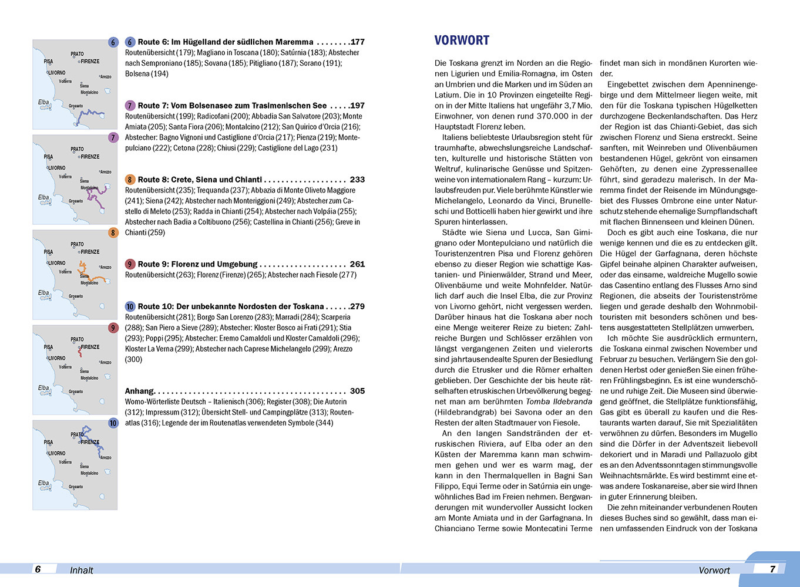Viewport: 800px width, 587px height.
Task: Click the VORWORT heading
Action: pyautogui.click(x=462, y=41)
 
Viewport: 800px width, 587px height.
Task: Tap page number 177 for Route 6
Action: pyautogui.click(x=357, y=42)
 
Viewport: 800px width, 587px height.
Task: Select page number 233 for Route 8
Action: pyautogui.click(x=357, y=180)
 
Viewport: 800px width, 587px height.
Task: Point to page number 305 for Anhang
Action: pyautogui.click(x=357, y=391)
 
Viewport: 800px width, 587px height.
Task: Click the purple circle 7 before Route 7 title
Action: pyautogui.click(x=130, y=106)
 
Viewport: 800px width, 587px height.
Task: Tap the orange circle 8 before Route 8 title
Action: pyautogui.click(x=130, y=180)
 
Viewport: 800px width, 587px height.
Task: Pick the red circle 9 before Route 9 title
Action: pyautogui.click(x=130, y=264)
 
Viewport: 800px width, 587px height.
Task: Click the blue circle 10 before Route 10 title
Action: pyautogui.click(x=130, y=306)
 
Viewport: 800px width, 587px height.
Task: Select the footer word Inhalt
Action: pyautogui.click(x=82, y=570)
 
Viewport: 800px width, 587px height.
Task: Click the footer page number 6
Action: pyautogui.click(x=38, y=569)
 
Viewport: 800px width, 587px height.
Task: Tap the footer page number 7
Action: pyautogui.click(x=773, y=569)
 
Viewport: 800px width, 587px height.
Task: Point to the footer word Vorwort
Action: pyautogui.click(x=714, y=570)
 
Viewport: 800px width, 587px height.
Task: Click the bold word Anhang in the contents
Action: pyautogui.click(x=139, y=391)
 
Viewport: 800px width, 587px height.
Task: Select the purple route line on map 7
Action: pyautogui.click(x=96, y=197)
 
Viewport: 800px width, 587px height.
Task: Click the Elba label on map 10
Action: pyautogui.click(x=43, y=483)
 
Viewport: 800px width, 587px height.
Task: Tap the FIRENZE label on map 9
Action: pyautogui.click(x=90, y=347)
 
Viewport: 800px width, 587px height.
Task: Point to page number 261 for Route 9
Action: pyautogui.click(x=357, y=264)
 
